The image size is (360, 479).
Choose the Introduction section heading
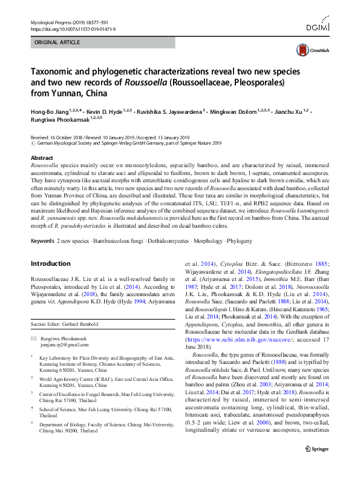pyautogui.click(x=50, y=263)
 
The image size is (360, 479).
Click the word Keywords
pyautogui.click(x=42, y=241)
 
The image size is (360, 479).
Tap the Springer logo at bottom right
pyautogui.click(x=316, y=465)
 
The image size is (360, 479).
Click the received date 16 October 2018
pyautogui.click(x=71, y=138)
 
